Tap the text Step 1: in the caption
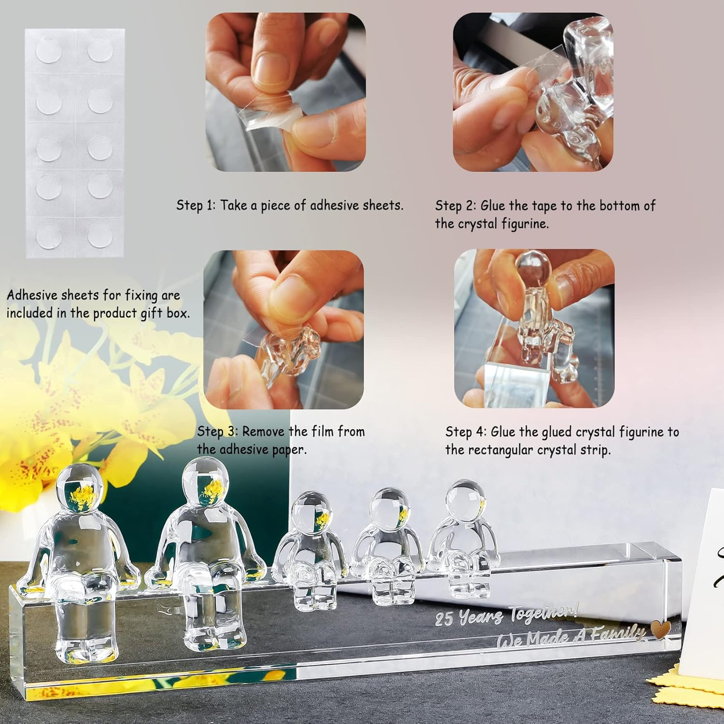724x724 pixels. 196,205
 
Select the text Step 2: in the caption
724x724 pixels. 456,206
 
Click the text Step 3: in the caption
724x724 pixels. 218,431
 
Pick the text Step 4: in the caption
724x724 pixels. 466,432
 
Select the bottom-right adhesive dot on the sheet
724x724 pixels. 100,236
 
